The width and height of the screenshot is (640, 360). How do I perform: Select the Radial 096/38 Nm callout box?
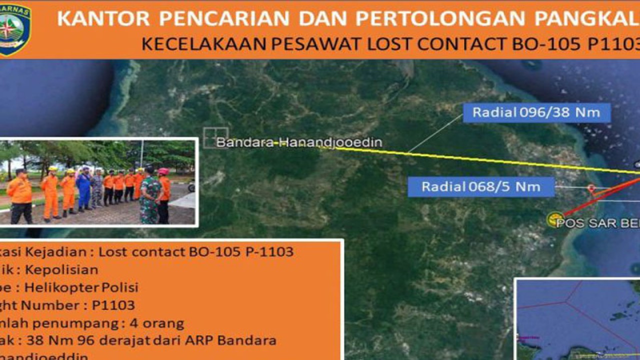coord(536,112)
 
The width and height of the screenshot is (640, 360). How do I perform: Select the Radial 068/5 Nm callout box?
coord(480,187)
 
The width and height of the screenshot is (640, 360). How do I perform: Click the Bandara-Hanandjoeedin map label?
coord(299,143)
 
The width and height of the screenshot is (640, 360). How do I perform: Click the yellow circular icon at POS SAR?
coord(554,219)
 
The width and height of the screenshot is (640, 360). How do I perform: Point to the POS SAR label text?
coord(597,223)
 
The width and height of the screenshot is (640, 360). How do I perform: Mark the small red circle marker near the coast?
coord(591,188)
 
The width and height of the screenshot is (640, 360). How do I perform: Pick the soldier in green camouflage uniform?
coord(149,195)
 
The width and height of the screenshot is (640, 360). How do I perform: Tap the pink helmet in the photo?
coord(163,171)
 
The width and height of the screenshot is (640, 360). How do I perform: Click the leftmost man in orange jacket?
coord(20,195)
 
